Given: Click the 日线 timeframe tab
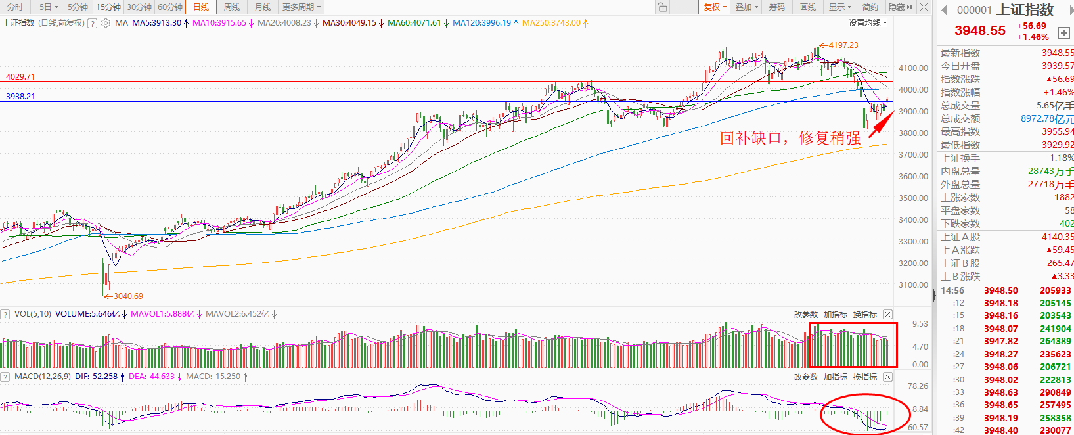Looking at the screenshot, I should [201, 7].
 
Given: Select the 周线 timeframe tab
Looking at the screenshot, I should [232, 7].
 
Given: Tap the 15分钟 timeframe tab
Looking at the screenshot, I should [108, 7].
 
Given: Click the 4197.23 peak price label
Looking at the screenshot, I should [843, 45].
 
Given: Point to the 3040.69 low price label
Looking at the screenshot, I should [127, 296].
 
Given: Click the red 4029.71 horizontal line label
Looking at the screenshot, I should [20, 77].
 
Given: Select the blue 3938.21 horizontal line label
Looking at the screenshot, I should [20, 97].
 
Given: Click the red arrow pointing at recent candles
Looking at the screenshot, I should [881, 125].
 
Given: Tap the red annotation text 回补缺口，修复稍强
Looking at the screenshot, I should [790, 138].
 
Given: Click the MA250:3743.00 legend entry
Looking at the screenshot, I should [551, 23].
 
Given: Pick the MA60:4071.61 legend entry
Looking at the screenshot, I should [414, 23].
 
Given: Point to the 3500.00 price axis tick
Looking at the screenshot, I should [913, 198].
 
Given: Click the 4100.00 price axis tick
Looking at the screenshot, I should [913, 68].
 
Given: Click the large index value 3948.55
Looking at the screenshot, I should [979, 31].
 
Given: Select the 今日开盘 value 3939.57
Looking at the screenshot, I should [1058, 66].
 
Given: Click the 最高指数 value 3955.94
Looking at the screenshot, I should [1058, 132].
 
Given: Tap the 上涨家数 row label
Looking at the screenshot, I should [960, 198].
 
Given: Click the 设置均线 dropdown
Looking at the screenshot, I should [867, 23].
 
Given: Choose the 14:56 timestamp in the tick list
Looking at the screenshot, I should [952, 290].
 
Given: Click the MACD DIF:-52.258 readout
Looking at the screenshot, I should [96, 377].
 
